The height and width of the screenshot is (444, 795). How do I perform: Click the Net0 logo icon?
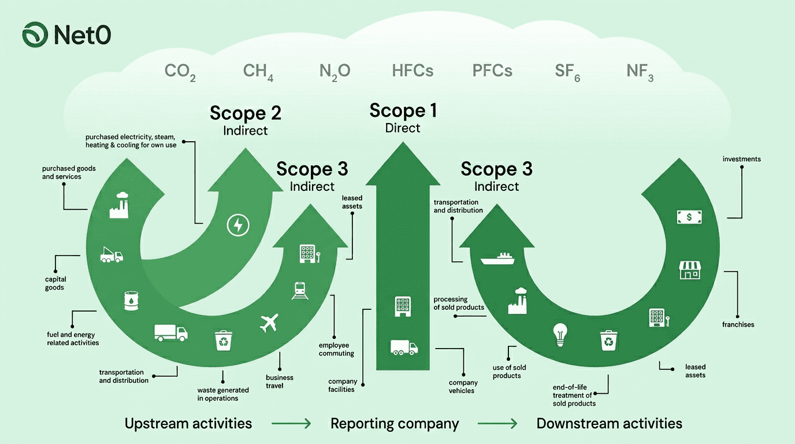pos(35,35)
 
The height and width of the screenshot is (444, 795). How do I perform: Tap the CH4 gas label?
pos(258,72)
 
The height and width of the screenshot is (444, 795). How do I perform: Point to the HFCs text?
pos(413,71)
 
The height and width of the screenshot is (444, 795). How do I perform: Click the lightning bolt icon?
pos(237,225)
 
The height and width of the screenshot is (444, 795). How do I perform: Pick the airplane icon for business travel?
pos(269,323)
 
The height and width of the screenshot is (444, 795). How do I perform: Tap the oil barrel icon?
pos(131,301)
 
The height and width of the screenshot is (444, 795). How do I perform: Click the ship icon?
pos(497,258)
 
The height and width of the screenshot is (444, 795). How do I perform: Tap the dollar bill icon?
pos(689,217)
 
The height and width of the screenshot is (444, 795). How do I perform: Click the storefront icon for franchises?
pos(689,269)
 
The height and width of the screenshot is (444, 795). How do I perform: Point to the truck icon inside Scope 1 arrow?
pos(404,347)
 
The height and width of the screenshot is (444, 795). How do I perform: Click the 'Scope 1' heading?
pos(403,110)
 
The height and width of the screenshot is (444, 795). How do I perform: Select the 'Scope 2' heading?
pos(246,113)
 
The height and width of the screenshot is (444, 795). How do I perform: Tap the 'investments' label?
pos(741,159)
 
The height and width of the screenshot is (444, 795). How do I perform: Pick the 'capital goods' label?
pos(55,283)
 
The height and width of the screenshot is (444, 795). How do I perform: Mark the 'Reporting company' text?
pos(395,424)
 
